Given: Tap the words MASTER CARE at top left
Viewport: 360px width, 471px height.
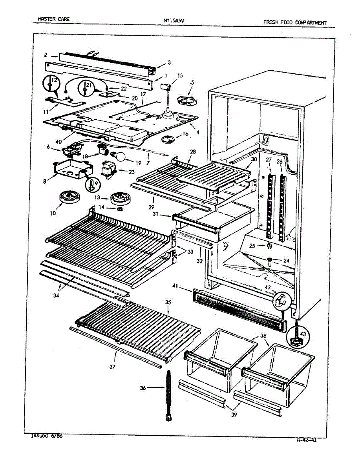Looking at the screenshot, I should (x=54, y=18).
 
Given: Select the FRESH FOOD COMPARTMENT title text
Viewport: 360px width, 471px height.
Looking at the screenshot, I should (x=294, y=22).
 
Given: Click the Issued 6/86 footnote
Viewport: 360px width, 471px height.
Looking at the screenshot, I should (x=46, y=436).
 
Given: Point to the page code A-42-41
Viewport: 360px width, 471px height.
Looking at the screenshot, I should (x=307, y=440).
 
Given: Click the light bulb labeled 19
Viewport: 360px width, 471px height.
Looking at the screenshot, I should (x=121, y=157).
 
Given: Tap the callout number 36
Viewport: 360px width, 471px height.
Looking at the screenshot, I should (x=143, y=388).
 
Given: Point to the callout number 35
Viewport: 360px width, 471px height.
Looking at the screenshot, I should (x=168, y=303).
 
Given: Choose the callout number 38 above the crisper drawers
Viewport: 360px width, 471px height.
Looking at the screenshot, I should (x=263, y=336).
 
